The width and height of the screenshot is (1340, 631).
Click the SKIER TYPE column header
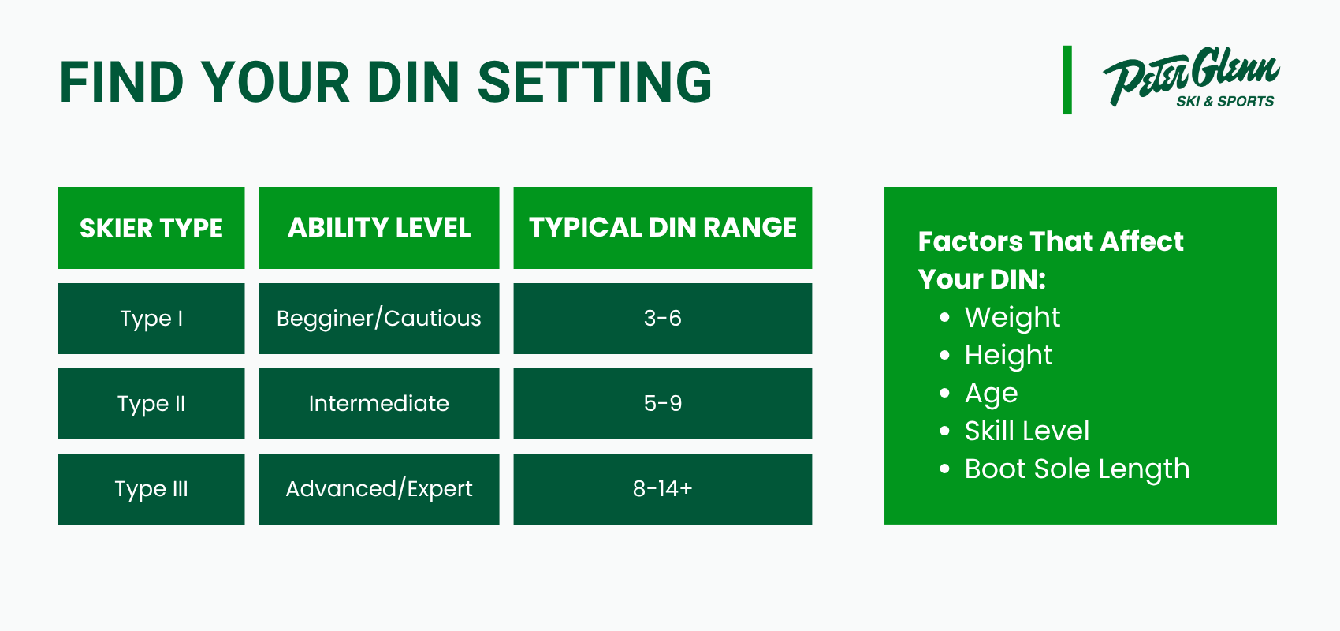(151, 228)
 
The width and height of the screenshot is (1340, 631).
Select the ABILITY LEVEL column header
(378, 228)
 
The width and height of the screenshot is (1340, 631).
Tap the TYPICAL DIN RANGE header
(662, 228)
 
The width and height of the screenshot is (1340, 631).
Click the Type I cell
(151, 319)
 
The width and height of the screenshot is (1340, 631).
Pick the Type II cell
(151, 404)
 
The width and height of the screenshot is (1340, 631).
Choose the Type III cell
(151, 488)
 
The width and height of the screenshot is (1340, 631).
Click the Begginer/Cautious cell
(378, 319)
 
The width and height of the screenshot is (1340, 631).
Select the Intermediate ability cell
(378, 404)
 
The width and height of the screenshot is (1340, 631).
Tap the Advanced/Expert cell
(378, 488)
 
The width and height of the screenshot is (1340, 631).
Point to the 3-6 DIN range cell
(662, 319)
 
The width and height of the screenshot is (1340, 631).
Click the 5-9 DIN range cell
(662, 404)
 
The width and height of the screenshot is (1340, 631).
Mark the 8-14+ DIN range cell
(662, 488)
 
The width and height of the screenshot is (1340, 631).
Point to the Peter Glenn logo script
(1190, 75)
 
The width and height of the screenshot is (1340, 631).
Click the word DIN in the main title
(413, 82)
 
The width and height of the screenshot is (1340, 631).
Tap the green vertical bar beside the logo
(1067, 80)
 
